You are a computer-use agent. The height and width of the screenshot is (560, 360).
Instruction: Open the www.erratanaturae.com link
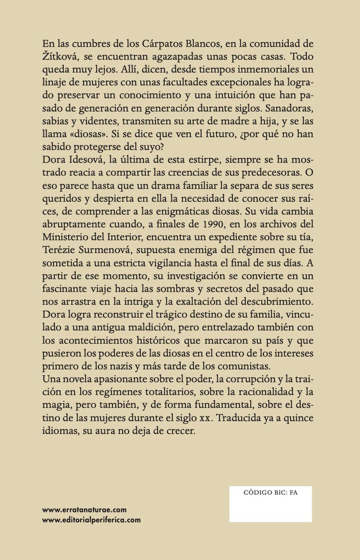point(85,510)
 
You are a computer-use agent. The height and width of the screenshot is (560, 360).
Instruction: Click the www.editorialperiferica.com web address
point(92,519)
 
